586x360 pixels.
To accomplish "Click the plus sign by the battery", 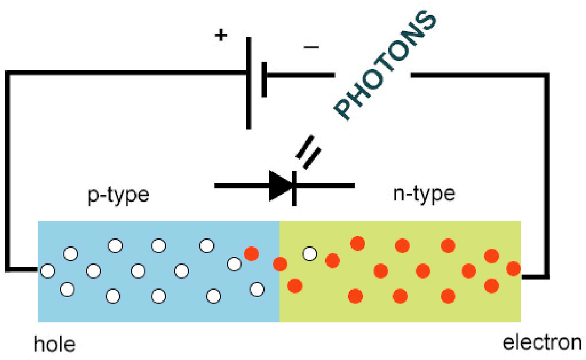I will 220,35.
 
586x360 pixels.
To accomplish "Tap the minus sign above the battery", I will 311,48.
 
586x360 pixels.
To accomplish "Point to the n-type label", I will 424,195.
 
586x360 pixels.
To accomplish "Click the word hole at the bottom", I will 55,345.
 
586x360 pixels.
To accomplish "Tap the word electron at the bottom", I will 542,344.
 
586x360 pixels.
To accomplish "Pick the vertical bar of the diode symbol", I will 294,187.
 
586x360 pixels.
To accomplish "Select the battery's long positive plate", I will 249,83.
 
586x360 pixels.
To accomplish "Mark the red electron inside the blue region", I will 251,254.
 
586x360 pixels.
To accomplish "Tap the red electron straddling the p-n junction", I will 279,264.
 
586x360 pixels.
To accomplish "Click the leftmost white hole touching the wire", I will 48,271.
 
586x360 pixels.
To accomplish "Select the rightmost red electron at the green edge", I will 513,268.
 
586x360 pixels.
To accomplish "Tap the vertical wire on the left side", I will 7,170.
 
